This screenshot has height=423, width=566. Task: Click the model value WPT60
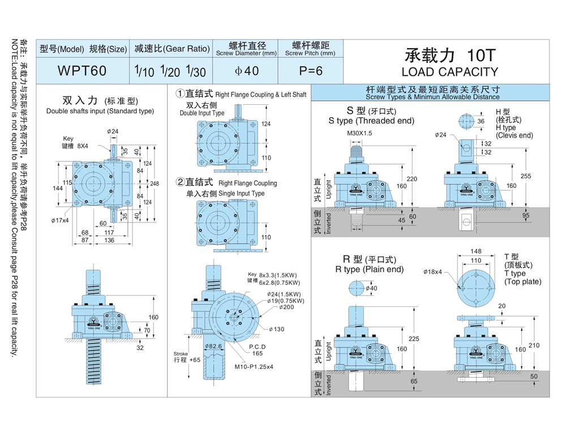[x=82, y=71]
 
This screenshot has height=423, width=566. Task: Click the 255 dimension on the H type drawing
[x=525, y=176]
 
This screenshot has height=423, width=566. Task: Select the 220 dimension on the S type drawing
[x=411, y=179]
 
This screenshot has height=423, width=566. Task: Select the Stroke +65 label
[x=187, y=357]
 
